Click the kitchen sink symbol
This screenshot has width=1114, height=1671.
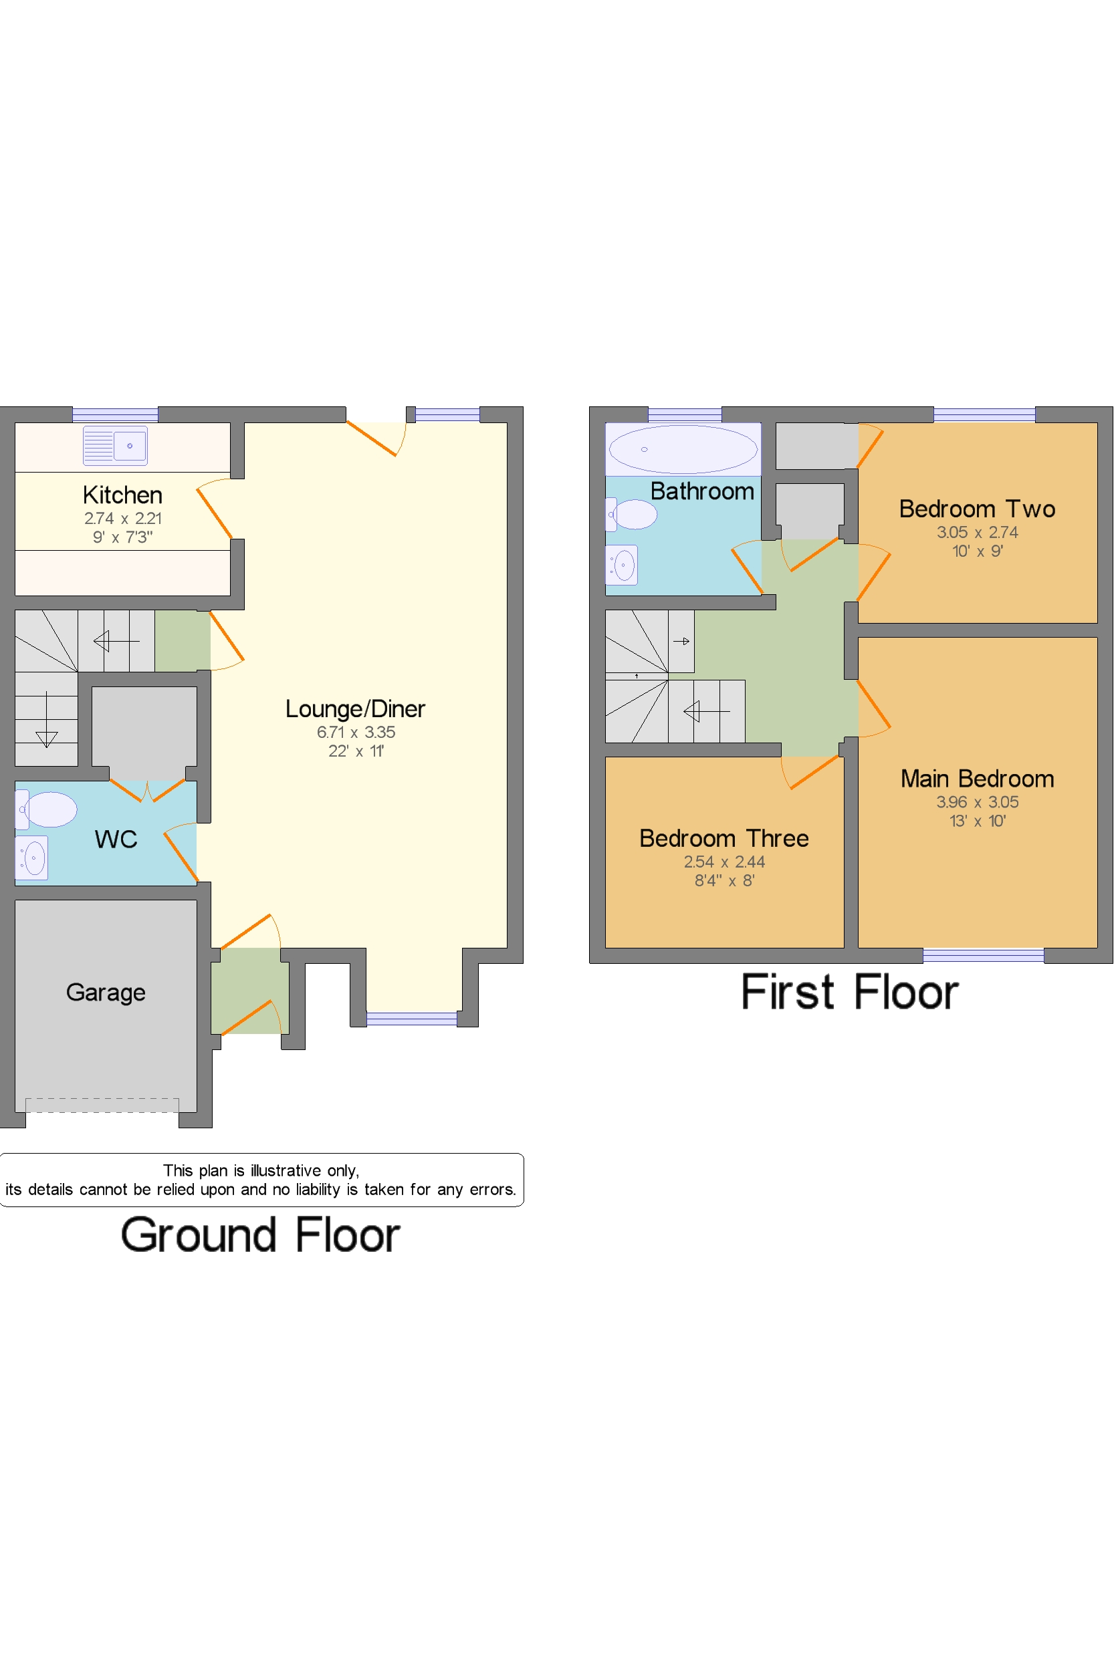pyautogui.click(x=115, y=445)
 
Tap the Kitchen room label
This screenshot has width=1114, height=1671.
pyautogui.click(x=122, y=495)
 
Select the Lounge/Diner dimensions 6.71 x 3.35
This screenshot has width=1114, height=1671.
pyautogui.click(x=355, y=731)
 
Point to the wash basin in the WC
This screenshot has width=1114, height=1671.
pyautogui.click(x=32, y=858)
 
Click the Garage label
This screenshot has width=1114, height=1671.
pyautogui.click(x=106, y=992)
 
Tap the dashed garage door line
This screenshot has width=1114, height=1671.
pyautogui.click(x=102, y=1104)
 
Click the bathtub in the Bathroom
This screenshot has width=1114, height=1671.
pyautogui.click(x=683, y=448)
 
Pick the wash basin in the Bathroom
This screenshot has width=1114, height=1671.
pyautogui.click(x=623, y=565)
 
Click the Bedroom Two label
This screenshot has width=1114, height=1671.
pyautogui.click(x=977, y=509)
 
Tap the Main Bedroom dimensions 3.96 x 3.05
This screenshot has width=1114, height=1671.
pyautogui.click(x=977, y=802)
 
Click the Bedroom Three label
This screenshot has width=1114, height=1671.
pyautogui.click(x=723, y=838)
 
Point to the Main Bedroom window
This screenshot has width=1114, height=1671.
pyautogui.click(x=983, y=955)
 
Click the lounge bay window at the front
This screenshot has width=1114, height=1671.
pyautogui.click(x=411, y=1019)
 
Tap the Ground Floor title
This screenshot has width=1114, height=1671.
pyautogui.click(x=260, y=1236)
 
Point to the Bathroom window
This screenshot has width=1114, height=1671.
pyautogui.click(x=684, y=414)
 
